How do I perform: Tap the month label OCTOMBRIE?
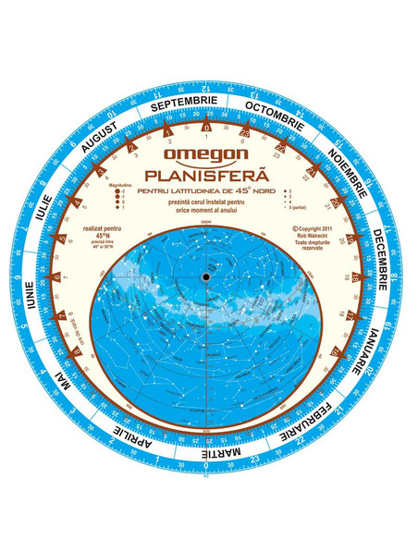(273, 112)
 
